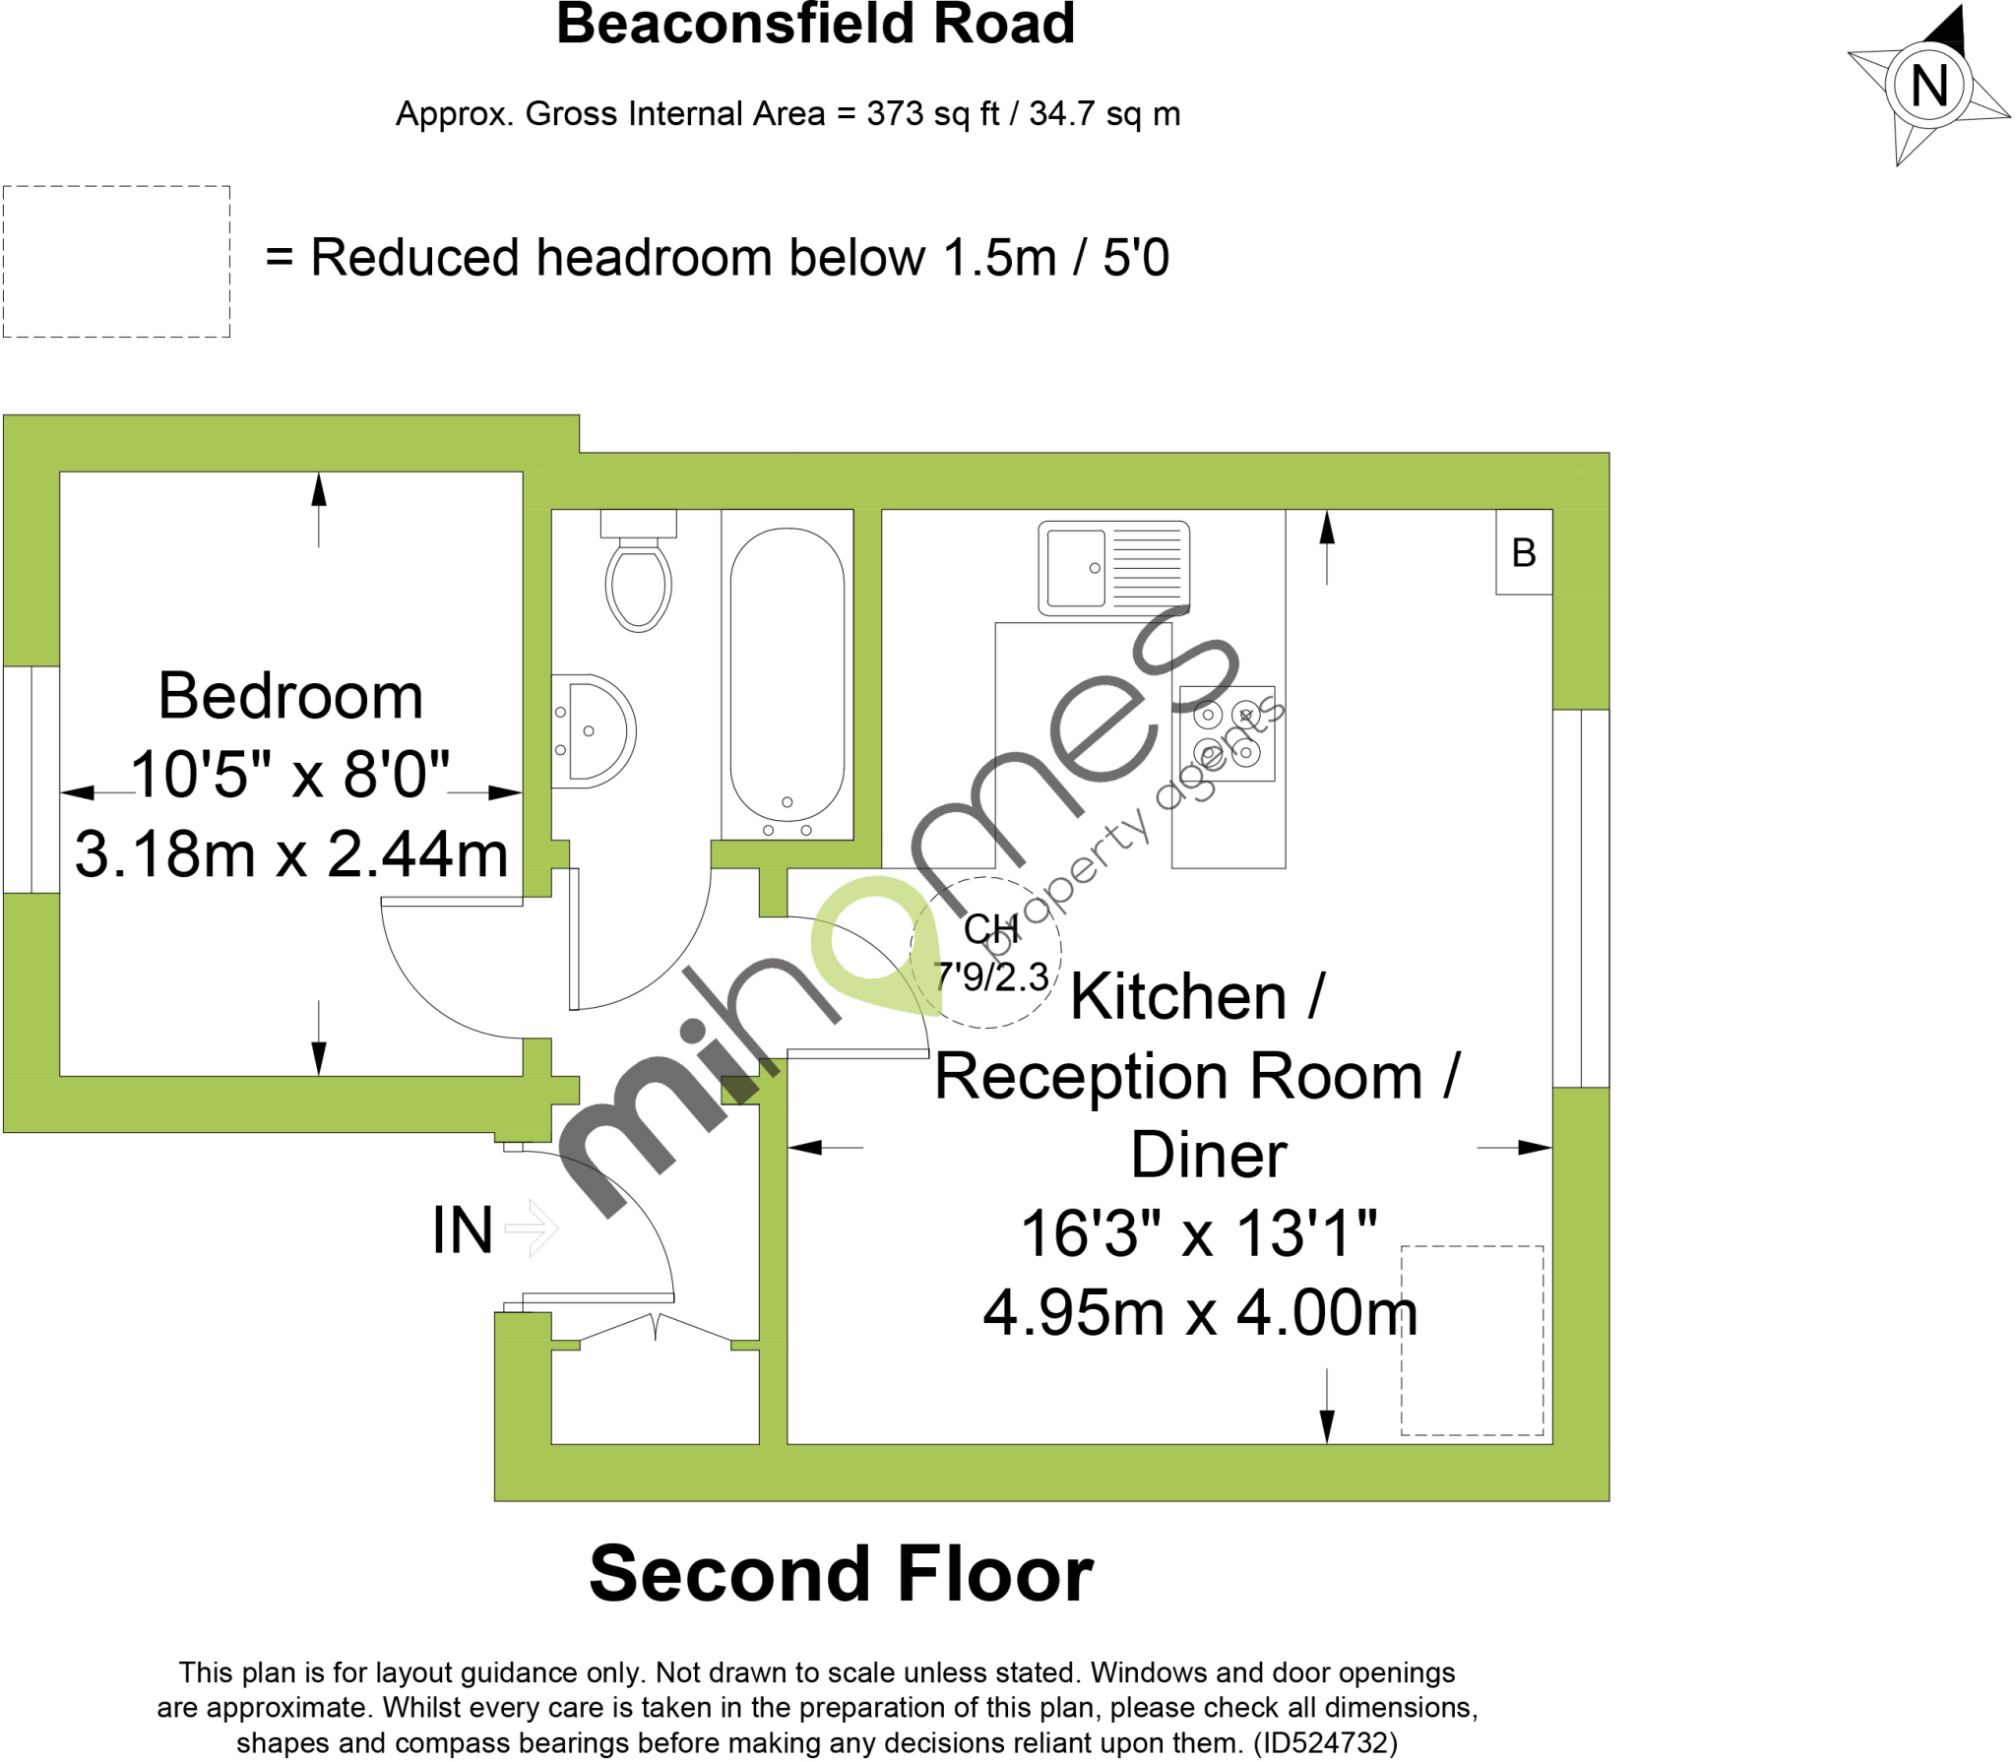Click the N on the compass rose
coord(1928,86)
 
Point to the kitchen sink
coord(1113,568)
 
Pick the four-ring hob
coord(1227,733)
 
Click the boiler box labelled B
coord(1523,552)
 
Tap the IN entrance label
coord(462,1229)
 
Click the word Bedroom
coord(290,696)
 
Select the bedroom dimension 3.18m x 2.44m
coord(291,853)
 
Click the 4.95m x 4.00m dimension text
coord(1200,1312)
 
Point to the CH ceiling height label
coord(989,929)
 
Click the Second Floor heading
coord(841,1574)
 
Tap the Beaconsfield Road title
coord(815,24)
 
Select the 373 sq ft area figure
coord(932,114)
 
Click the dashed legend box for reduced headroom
coord(116,262)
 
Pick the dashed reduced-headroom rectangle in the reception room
coord(1472,1340)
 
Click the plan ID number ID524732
coord(1325,1743)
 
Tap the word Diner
coord(1208,1155)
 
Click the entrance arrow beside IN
coord(533,1227)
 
